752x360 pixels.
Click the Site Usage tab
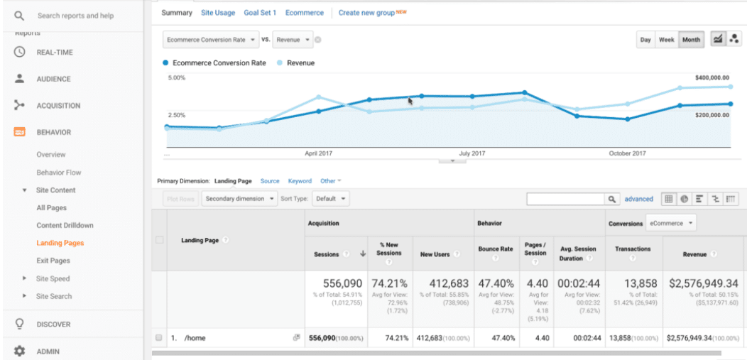(218, 13)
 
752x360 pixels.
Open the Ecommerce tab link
(304, 13)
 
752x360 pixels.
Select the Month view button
(691, 40)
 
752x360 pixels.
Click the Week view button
(666, 40)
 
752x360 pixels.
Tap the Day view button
(645, 40)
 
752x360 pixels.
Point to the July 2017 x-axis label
(472, 153)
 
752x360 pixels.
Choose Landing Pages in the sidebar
(60, 243)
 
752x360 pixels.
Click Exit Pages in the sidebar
(53, 261)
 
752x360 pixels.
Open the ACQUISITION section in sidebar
(58, 106)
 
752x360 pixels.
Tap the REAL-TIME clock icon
(20, 52)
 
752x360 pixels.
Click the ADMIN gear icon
(20, 351)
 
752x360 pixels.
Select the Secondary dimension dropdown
(239, 199)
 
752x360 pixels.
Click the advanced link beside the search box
(638, 199)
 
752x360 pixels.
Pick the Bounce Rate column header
(496, 249)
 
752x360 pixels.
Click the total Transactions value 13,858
(633, 284)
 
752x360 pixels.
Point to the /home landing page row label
(195, 338)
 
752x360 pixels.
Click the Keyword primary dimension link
(300, 181)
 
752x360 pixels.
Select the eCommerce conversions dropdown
(671, 223)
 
